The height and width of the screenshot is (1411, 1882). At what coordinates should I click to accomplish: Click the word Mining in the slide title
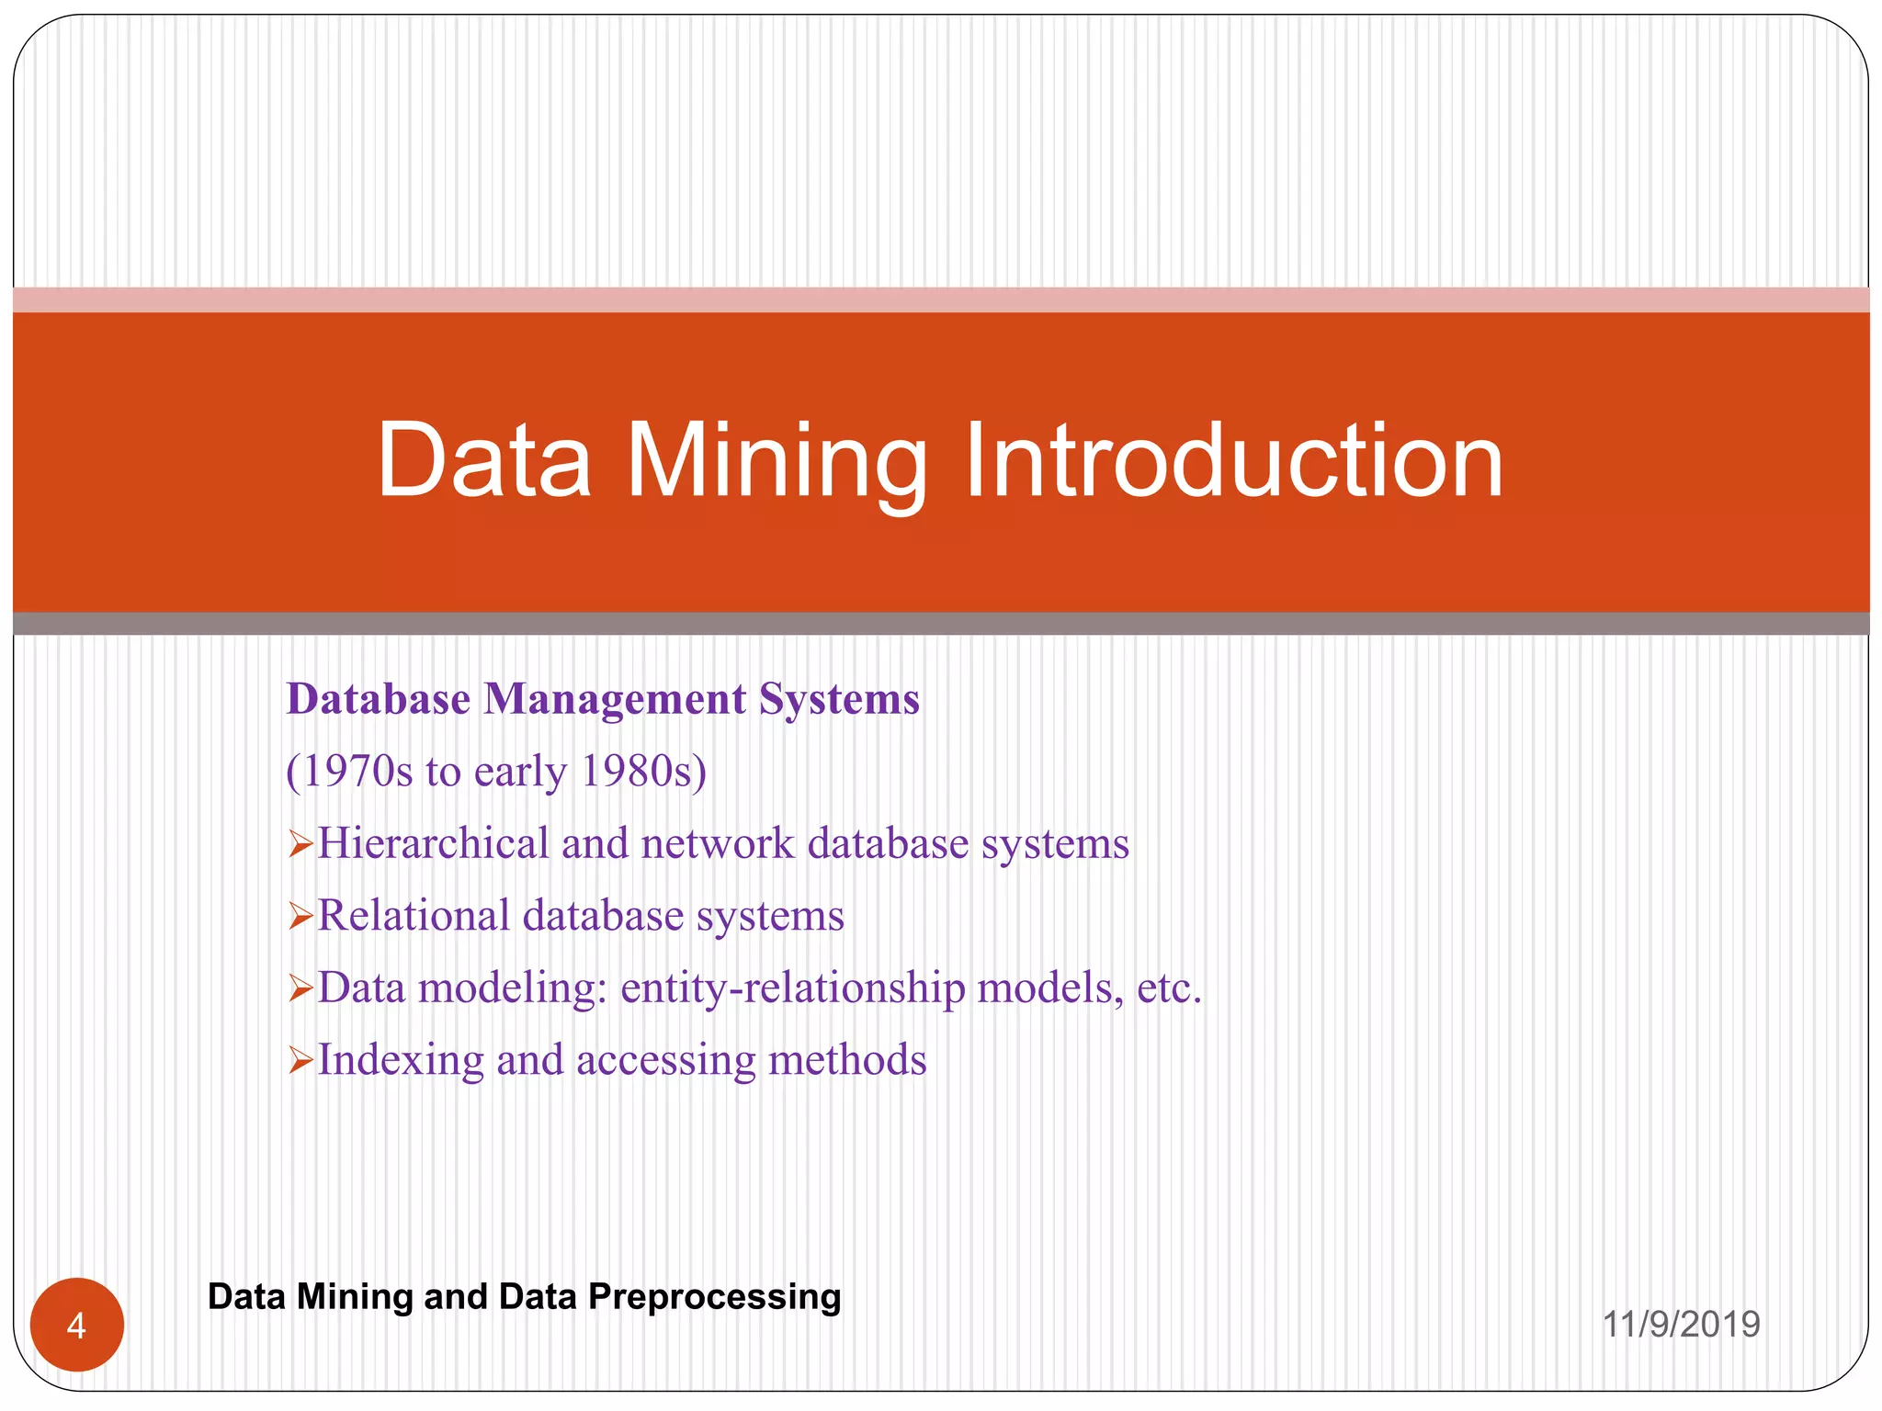click(x=777, y=461)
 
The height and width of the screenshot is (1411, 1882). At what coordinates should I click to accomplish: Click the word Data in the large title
click(x=484, y=461)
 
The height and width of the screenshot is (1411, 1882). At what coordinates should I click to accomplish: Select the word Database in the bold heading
click(x=379, y=699)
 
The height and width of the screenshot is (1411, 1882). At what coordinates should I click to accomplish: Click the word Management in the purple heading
click(x=615, y=699)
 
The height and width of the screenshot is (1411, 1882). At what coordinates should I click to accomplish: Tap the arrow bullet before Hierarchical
click(x=300, y=843)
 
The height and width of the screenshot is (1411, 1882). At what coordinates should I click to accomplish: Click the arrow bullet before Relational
click(x=300, y=916)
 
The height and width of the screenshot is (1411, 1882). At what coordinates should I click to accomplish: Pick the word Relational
click(x=414, y=916)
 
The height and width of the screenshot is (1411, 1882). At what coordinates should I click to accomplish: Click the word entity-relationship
click(x=792, y=988)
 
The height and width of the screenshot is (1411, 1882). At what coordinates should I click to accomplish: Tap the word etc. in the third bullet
click(x=1169, y=988)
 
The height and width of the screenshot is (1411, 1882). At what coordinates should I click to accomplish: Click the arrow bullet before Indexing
click(x=300, y=1060)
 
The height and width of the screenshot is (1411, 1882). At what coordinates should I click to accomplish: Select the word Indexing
click(x=400, y=1060)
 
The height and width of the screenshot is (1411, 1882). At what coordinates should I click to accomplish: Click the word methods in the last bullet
click(x=847, y=1060)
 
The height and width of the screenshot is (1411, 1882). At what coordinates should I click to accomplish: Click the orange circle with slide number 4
click(x=77, y=1325)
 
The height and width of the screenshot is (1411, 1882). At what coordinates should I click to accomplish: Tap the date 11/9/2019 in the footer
click(x=1681, y=1325)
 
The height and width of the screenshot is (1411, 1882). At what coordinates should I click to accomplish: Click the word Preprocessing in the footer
click(x=714, y=1297)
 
